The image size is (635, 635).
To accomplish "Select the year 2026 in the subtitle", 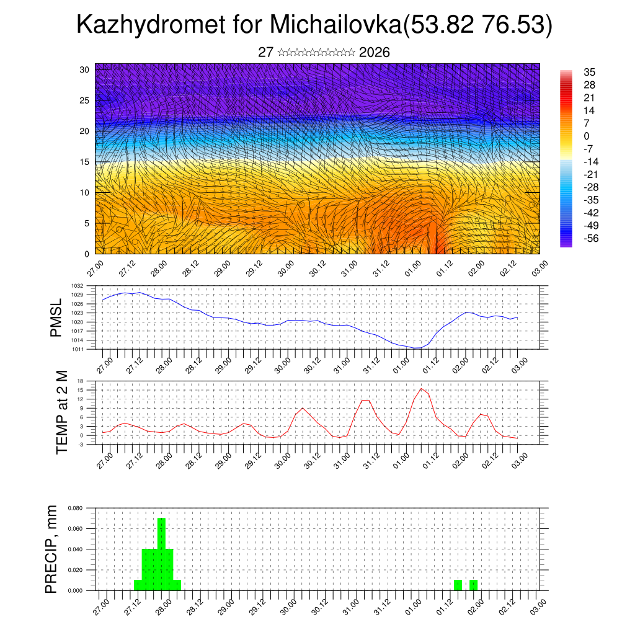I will [x=375, y=53].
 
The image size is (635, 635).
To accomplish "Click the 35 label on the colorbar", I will [x=589, y=72].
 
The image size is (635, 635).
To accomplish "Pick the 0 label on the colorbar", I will [x=586, y=136].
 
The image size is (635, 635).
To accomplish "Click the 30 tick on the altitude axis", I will [x=84, y=69].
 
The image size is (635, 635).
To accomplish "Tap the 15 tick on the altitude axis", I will [x=84, y=162].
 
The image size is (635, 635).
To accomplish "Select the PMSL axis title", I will [x=56, y=317].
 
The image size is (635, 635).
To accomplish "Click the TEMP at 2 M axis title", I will [x=62, y=412].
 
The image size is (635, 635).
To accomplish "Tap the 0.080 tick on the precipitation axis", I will [x=75, y=508].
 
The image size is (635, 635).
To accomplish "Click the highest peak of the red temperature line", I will [x=422, y=388].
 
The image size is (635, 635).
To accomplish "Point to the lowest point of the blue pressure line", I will [x=417, y=348].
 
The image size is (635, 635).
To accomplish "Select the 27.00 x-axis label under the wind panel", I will [x=95, y=270].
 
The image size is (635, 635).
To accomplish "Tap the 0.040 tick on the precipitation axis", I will [x=75, y=549].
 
